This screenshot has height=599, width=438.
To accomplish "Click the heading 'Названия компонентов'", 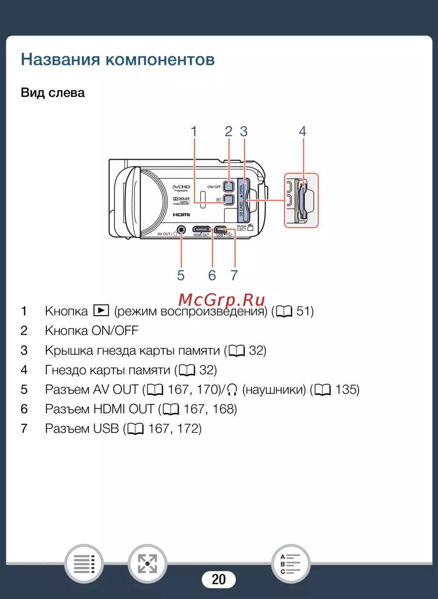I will [x=118, y=60].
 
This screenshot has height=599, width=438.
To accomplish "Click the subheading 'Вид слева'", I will [x=53, y=93].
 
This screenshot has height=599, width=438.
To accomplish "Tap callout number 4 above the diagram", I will [x=302, y=131].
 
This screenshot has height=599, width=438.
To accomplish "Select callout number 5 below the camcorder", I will [x=180, y=275].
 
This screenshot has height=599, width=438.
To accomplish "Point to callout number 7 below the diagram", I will [x=234, y=275].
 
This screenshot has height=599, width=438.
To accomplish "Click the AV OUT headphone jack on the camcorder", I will [x=181, y=230].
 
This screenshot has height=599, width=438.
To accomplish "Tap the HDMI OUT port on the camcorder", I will [x=201, y=229].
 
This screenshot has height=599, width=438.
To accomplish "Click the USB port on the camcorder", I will [x=220, y=229].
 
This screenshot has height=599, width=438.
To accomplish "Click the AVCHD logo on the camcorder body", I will [x=181, y=188].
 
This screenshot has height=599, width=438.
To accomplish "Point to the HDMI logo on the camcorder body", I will [x=181, y=215].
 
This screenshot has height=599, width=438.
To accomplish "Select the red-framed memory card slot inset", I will [x=301, y=200].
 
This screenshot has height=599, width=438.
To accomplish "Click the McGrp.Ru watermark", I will [x=222, y=300].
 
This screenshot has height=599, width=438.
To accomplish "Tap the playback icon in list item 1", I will [x=101, y=311].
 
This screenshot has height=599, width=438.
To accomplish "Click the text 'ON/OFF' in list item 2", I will [x=114, y=330].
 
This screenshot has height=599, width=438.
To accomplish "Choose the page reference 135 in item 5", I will [x=347, y=390].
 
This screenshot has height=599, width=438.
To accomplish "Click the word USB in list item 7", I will [x=106, y=429].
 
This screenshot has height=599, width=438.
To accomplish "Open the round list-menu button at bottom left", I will [x=84, y=564].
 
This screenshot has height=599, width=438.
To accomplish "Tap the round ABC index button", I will [x=291, y=564].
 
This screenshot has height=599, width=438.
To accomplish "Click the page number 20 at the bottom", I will [x=219, y=579].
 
